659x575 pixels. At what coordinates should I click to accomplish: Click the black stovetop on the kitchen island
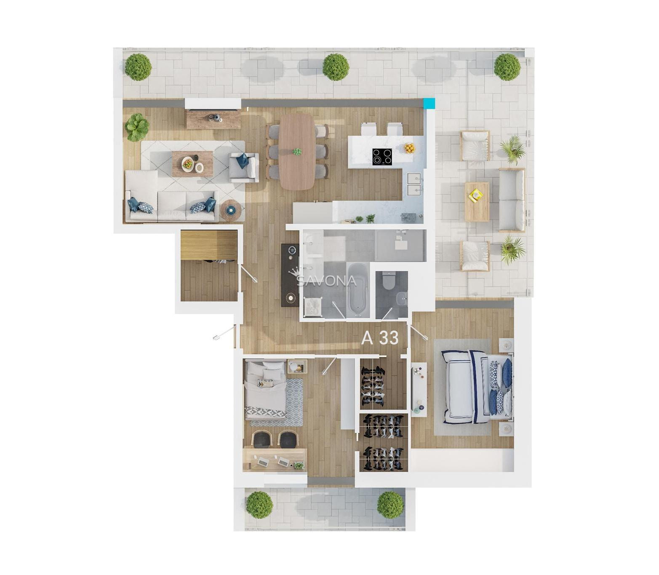382,156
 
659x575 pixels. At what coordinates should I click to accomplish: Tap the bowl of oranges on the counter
410,148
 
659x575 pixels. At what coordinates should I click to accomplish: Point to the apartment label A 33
380,338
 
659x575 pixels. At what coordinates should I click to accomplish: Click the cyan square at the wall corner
430,104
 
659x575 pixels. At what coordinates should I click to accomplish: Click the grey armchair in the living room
244,168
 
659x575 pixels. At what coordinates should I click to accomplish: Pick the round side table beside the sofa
230,210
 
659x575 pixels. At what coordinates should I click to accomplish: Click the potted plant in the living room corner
137,127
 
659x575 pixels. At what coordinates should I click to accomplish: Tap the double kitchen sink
414,184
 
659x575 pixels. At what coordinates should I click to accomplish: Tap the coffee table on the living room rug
192,163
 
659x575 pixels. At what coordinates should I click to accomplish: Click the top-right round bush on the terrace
507,67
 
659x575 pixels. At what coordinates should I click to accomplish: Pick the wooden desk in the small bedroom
275,460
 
